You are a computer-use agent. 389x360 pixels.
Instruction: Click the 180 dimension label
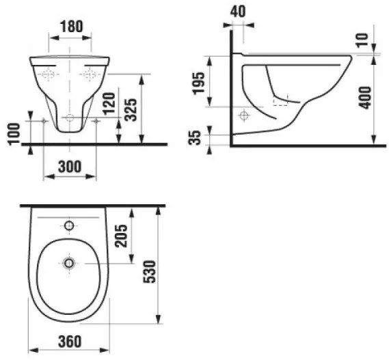tap(71, 26)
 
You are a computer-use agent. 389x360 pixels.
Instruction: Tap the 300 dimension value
tap(70, 167)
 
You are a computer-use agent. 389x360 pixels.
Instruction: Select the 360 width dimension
tap(70, 342)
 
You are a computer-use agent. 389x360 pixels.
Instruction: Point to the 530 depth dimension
tap(150, 271)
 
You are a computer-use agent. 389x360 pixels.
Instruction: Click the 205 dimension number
tap(121, 236)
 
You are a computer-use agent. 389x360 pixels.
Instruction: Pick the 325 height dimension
tap(131, 109)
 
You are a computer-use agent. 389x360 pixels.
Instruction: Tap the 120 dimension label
tap(109, 103)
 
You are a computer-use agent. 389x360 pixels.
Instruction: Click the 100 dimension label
tap(14, 133)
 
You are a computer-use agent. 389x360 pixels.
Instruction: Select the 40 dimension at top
tap(238, 12)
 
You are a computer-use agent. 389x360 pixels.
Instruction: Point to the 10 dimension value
tap(362, 40)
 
